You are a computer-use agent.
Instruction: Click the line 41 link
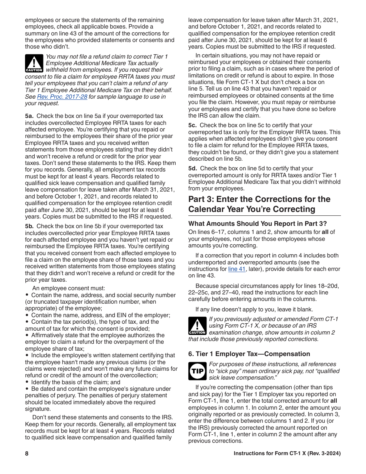pyautogui.click(x=237, y=269)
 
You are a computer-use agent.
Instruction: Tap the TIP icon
pyautogui.click(x=197, y=371)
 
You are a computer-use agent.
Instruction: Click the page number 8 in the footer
pyautogui.click(x=27, y=454)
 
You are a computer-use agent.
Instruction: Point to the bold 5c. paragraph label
pyautogui.click(x=193, y=125)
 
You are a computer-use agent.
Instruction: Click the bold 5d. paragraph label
pyautogui.click(x=193, y=168)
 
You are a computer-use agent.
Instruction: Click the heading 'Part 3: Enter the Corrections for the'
pyautogui.click(x=259, y=199)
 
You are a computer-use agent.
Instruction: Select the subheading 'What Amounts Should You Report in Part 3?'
pyautogui.click(x=257, y=224)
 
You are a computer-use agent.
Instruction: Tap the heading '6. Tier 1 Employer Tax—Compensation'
pyautogui.click(x=249, y=354)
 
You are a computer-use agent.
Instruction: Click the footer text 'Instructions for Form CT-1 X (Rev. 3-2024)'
pyautogui.click(x=287, y=454)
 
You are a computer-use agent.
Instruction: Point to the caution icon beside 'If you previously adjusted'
pyautogui.click(x=197, y=326)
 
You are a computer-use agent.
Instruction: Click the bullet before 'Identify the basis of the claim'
pyautogui.click(x=27, y=382)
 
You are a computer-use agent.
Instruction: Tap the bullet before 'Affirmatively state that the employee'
pyautogui.click(x=27, y=335)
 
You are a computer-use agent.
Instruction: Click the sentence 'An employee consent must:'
pyautogui.click(x=69, y=288)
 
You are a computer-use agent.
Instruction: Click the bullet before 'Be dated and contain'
pyautogui.click(x=27, y=389)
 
